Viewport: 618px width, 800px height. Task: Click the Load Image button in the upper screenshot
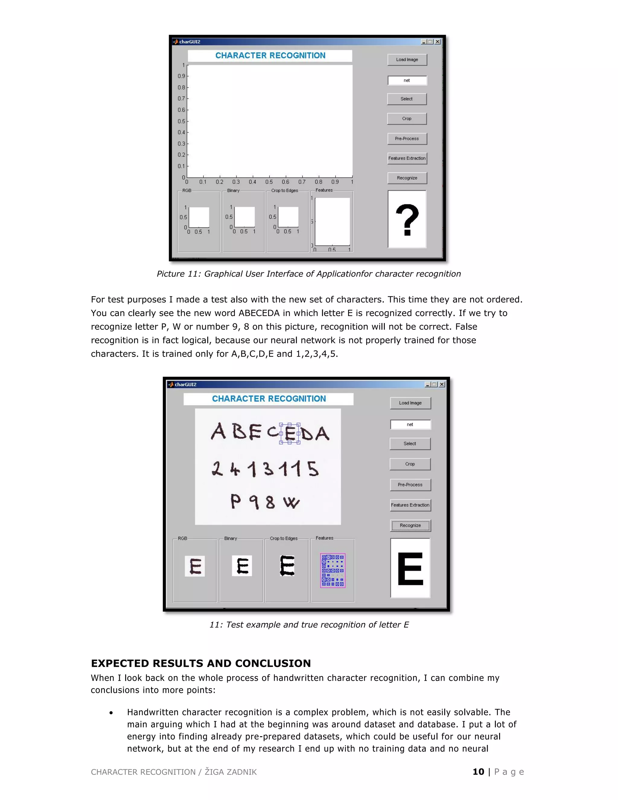coord(407,60)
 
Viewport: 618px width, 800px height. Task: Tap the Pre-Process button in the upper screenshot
coord(407,139)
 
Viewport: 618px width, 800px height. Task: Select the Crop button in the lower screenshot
coord(410,464)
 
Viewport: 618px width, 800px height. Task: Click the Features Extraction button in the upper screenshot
coord(407,158)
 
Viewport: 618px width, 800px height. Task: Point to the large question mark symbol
coord(407,219)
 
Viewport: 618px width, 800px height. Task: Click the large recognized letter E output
coord(410,568)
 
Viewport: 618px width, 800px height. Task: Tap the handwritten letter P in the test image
coord(235,501)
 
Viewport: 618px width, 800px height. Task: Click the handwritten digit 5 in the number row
coord(313,469)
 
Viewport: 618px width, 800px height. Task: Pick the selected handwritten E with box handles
coord(290,433)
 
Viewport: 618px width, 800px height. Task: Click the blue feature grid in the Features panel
coord(333,570)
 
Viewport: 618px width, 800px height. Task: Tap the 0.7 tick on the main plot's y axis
coord(182,98)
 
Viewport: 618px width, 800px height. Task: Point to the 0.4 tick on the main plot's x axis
coord(253,182)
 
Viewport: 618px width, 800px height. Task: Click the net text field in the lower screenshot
coord(410,424)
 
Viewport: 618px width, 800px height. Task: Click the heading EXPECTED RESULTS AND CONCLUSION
coord(201,663)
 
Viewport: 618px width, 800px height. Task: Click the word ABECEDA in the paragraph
coord(259,313)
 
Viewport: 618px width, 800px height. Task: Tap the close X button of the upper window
coord(438,42)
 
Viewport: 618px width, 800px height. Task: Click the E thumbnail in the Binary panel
coord(242,566)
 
